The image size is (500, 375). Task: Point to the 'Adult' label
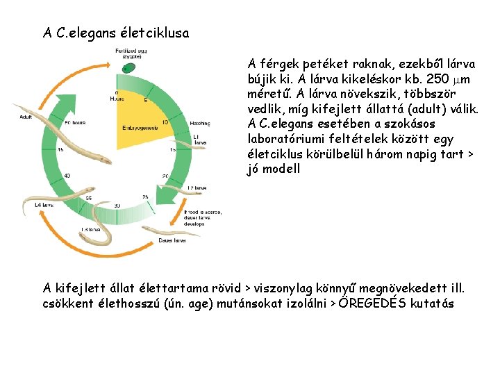[26, 117]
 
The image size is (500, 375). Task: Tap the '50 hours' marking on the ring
[74, 123]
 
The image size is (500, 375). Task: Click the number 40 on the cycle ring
[67, 176]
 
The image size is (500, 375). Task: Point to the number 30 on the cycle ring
[117, 206]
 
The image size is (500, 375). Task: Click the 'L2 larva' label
[197, 187]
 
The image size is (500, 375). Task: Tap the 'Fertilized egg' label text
[132, 50]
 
